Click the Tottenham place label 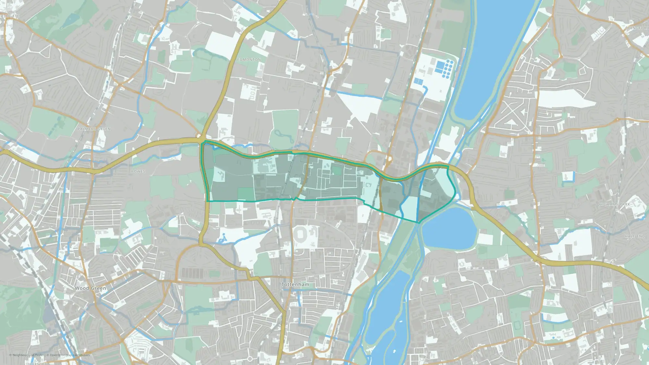click(295, 285)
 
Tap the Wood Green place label click(90, 288)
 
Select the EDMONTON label click(249, 60)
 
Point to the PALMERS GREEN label click(94, 129)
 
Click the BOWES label click(138, 171)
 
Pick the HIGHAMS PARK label click(614, 204)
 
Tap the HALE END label click(635, 236)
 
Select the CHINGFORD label click(637, 28)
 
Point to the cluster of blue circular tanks click(448, 69)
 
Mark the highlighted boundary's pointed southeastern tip click(419, 223)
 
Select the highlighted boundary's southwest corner click(207, 201)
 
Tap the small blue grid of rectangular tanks click(419, 81)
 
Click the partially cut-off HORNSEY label click(38, 363)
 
